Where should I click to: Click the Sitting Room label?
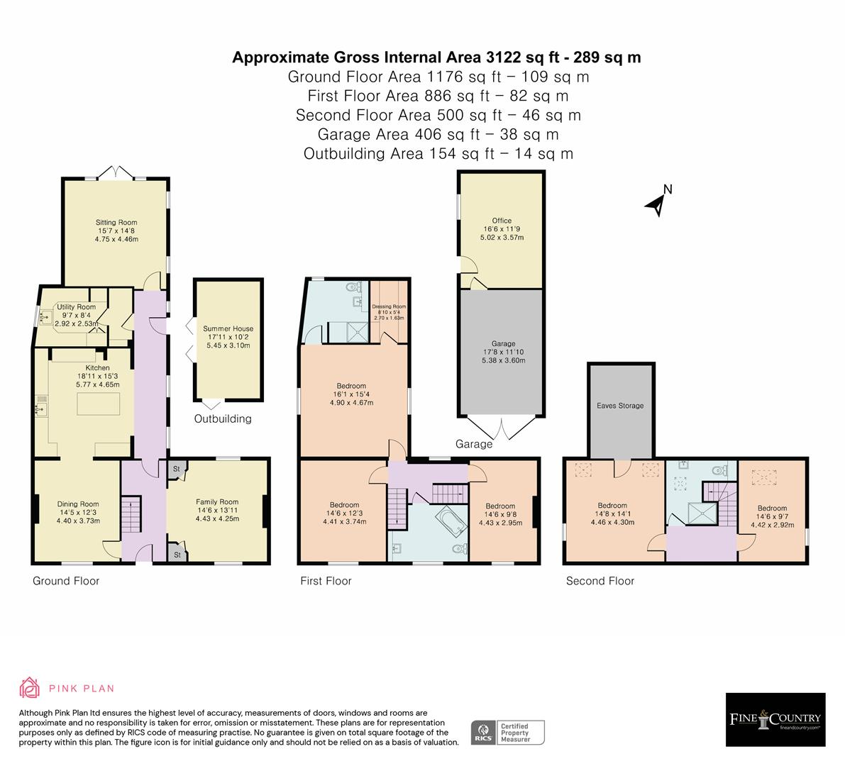tap(116, 222)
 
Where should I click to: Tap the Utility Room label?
tap(76, 307)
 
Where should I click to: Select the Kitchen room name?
tap(98, 368)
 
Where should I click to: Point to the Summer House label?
tap(228, 328)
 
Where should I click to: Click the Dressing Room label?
tap(389, 306)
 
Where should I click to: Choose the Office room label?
tap(502, 221)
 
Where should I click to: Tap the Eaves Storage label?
tap(620, 406)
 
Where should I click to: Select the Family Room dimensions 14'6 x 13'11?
tap(217, 510)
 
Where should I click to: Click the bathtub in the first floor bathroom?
tap(448, 523)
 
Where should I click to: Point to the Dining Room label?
tap(78, 504)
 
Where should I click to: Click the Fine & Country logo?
tap(775, 719)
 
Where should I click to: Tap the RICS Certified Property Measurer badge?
tap(509, 732)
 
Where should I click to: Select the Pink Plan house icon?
tap(30, 688)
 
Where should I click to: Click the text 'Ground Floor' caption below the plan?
tap(66, 581)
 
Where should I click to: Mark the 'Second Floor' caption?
tap(600, 581)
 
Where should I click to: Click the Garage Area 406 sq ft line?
tap(438, 134)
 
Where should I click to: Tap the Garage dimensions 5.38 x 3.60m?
tap(503, 360)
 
